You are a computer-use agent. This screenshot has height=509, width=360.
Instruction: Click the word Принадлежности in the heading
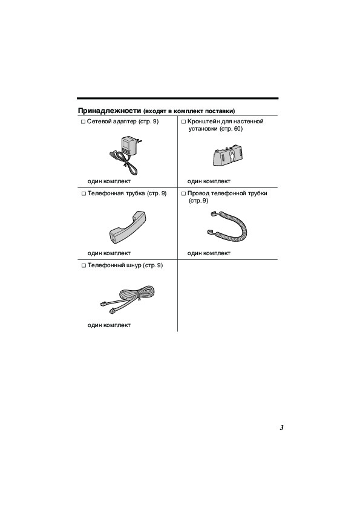coord(110,111)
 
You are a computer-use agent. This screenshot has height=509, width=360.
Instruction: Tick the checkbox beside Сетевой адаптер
coord(83,122)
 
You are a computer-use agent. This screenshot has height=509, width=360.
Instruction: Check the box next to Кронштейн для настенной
coord(183,122)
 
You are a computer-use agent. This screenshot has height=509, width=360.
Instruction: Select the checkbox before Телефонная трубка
coord(83,194)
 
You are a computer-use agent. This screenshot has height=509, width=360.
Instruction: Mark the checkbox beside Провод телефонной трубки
coord(183,194)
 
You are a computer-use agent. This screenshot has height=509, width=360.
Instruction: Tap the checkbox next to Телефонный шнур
coord(83,266)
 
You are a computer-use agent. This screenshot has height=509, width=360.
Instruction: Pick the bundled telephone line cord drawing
coord(128,298)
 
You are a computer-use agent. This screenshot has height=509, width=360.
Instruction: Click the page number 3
coord(282,427)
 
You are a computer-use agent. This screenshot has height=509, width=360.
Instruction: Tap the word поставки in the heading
coord(221,111)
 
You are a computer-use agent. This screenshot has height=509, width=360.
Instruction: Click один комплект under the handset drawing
coord(109,253)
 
